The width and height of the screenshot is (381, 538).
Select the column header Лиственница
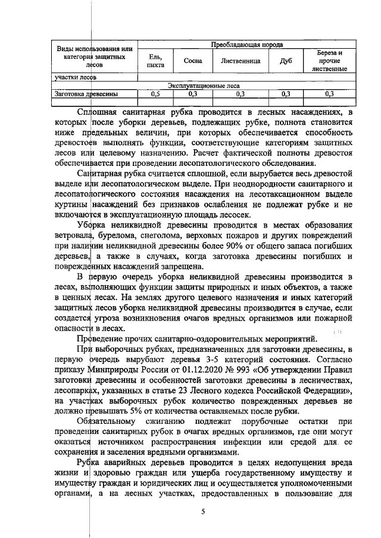tap(240, 61)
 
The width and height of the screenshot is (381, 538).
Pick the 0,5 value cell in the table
tap(155, 93)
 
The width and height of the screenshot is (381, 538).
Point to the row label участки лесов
tap(72, 77)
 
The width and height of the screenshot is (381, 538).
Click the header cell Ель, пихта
tap(155, 61)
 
